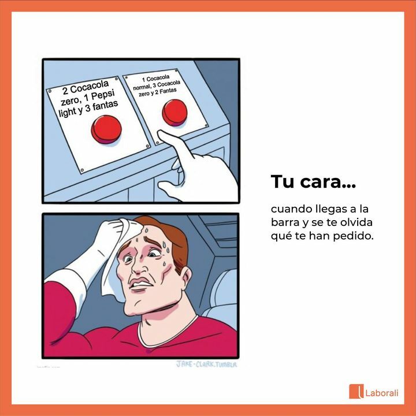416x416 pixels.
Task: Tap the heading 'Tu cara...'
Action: point(313,182)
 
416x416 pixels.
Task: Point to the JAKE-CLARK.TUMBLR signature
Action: point(206,364)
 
